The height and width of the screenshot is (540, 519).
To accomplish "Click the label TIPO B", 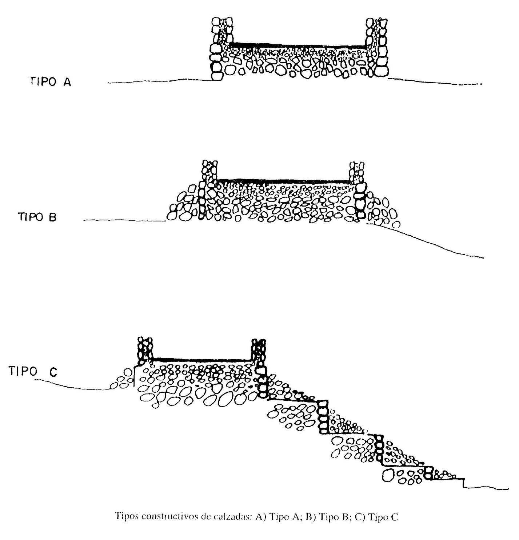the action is (x=37, y=217).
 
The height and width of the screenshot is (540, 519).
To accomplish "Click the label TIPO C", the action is (x=33, y=371).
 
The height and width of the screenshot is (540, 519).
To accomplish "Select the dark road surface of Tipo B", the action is (x=283, y=181).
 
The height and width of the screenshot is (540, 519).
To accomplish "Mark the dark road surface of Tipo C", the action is (x=202, y=360).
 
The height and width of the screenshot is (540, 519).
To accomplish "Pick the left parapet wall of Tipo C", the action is (x=145, y=351).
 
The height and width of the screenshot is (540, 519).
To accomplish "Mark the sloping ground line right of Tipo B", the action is (x=426, y=241).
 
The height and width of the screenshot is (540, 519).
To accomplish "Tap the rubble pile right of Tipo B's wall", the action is (x=383, y=211).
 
